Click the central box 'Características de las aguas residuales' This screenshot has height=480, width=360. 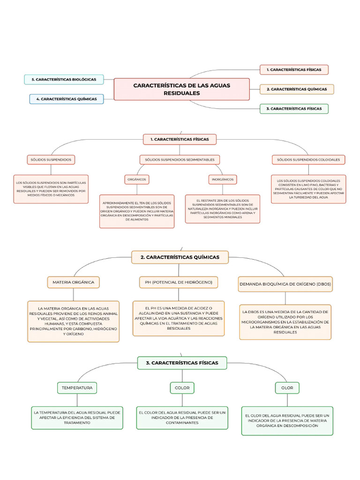(181, 89)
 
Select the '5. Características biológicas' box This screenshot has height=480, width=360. (64, 80)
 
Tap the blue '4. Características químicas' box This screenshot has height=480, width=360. (67, 99)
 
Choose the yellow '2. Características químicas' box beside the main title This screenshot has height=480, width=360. (297, 89)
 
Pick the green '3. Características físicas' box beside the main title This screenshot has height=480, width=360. (294, 109)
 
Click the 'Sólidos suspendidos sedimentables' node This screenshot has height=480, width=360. (180, 160)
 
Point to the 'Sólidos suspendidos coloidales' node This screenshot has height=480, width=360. (308, 160)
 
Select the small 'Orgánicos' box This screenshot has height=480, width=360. (136, 179)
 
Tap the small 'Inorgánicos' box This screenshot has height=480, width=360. (223, 179)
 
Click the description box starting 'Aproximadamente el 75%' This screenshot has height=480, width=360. (137, 211)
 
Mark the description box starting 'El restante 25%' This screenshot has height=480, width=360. (223, 209)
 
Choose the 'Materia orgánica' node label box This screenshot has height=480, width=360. (74, 282)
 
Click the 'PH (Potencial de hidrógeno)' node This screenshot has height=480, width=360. (179, 282)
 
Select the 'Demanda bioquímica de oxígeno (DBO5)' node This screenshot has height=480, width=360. (285, 284)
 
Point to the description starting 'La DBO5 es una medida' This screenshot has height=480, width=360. (285, 322)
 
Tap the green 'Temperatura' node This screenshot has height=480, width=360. (77, 388)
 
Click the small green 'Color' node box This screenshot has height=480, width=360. (182, 388)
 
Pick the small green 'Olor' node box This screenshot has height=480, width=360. (287, 388)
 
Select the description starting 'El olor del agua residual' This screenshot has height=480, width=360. (287, 420)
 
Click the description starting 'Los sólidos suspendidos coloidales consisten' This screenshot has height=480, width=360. (308, 189)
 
